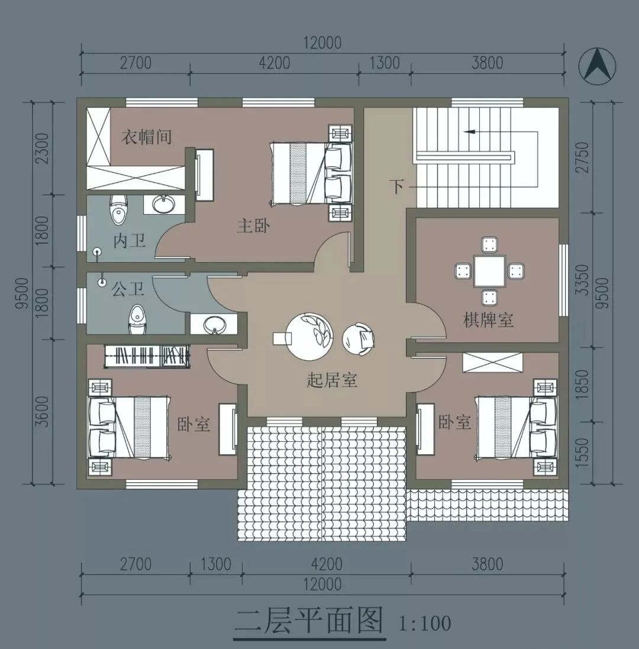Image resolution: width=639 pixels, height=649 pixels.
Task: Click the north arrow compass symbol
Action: tap(597, 66)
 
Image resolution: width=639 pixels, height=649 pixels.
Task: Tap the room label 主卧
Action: tap(253, 226)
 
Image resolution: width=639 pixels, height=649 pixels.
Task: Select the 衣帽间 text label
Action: tap(147, 137)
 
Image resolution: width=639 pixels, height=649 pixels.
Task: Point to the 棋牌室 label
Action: tap(488, 320)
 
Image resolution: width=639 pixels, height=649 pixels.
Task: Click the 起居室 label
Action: tap(332, 380)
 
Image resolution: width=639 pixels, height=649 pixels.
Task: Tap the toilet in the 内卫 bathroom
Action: tap(119, 208)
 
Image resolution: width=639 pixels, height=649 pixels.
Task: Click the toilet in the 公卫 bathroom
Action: tap(137, 320)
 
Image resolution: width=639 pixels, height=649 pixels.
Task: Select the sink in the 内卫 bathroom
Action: tap(164, 204)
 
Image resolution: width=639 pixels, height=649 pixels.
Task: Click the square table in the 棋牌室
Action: tap(489, 272)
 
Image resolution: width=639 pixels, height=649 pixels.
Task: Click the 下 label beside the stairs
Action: tap(397, 187)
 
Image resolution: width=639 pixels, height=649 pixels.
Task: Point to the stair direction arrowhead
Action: tap(469, 131)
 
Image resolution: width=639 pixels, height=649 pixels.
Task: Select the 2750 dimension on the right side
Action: tap(583, 157)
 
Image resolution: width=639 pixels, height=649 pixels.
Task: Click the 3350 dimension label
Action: tap(583, 280)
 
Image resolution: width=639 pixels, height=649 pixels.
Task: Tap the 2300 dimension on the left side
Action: tap(43, 148)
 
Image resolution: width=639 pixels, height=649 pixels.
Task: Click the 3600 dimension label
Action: tap(43, 412)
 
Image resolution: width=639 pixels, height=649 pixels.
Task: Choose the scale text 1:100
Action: tap(425, 624)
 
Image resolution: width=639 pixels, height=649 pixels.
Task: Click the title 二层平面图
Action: tap(309, 621)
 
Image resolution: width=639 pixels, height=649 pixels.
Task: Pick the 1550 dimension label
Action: tap(583, 453)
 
